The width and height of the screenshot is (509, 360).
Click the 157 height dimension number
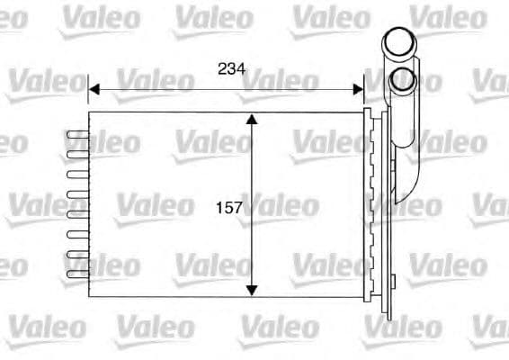pos(230,208)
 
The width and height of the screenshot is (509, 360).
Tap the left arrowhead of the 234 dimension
pos(94,88)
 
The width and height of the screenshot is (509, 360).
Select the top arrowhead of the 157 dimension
pos(253,120)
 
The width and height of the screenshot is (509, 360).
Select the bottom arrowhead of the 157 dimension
pos(253,289)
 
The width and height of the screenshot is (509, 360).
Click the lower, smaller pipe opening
pos(402,81)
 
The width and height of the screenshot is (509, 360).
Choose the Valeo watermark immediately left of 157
pos(153,206)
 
